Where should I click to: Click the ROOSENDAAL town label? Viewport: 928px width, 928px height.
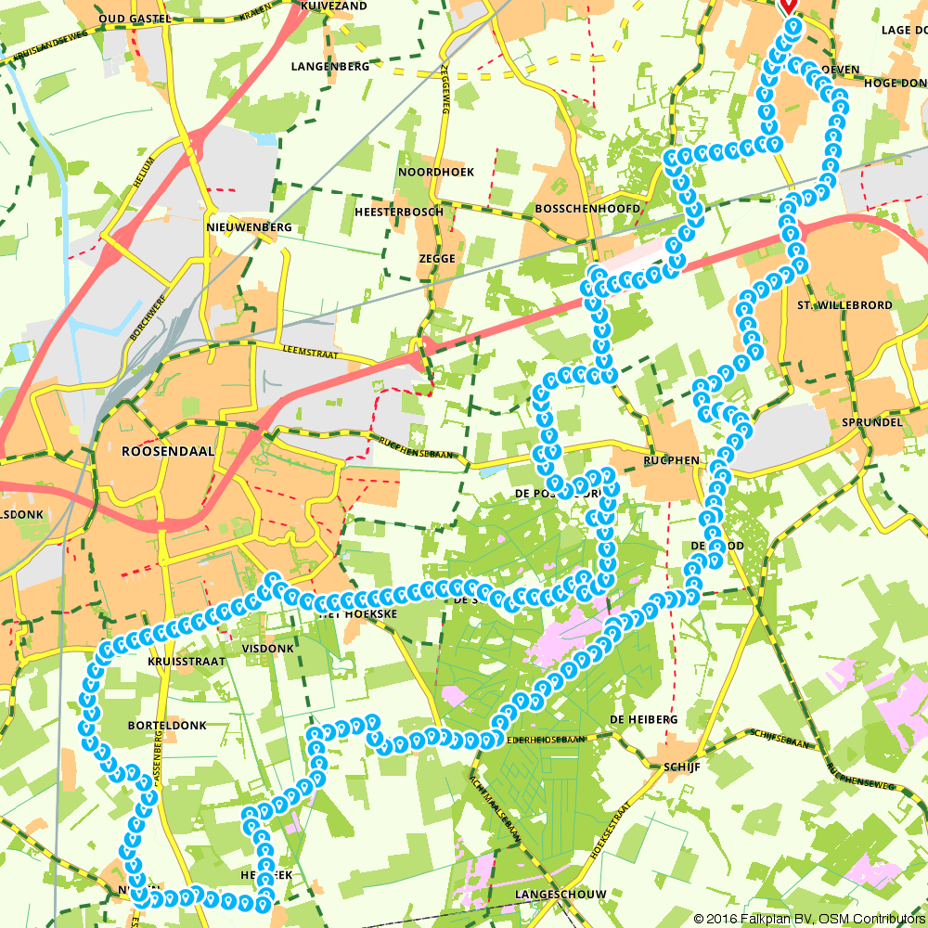(168, 451)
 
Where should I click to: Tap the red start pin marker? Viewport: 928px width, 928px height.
(788, 6)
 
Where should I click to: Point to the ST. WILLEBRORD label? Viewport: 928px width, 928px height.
(844, 305)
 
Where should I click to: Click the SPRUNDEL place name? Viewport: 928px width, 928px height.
(871, 421)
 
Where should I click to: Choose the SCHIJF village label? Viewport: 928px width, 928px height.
(680, 767)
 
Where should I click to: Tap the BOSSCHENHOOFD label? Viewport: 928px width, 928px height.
(587, 209)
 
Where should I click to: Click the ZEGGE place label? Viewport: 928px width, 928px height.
(437, 259)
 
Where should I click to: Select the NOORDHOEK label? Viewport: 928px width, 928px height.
(435, 173)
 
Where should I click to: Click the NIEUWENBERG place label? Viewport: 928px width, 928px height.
(249, 227)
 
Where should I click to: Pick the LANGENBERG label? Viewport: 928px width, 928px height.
(329, 67)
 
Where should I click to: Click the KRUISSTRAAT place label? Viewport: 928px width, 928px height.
(186, 662)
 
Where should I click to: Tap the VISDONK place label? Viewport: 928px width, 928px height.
(267, 649)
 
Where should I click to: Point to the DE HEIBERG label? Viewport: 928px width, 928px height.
(644, 719)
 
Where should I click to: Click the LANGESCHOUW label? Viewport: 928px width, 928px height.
(561, 895)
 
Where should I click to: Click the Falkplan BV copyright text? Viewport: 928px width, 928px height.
(806, 919)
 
